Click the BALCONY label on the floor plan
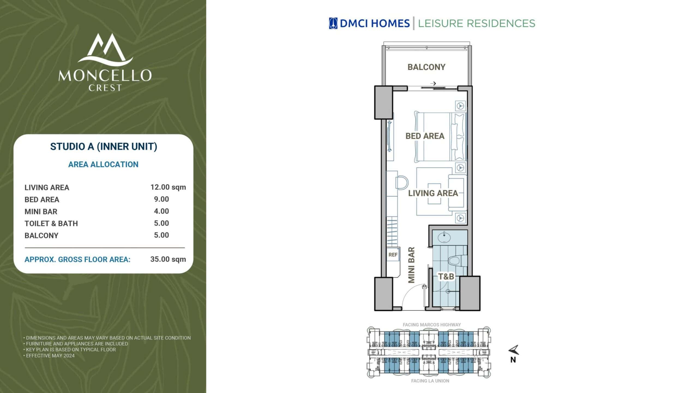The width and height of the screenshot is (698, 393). click(x=426, y=67)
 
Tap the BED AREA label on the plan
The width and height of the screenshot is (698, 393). click(x=425, y=136)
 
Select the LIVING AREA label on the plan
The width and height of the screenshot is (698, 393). click(x=433, y=193)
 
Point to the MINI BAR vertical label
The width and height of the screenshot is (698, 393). click(x=411, y=265)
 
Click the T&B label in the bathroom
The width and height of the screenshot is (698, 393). click(x=446, y=276)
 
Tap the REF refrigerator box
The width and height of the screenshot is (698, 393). click(x=393, y=255)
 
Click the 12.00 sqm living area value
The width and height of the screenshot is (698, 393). click(x=168, y=187)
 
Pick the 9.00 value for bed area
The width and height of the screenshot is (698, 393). click(x=161, y=199)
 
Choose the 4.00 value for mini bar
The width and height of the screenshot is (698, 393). click(x=161, y=211)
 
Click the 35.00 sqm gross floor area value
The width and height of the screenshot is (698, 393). click(x=168, y=259)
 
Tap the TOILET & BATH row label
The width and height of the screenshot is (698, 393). click(x=51, y=224)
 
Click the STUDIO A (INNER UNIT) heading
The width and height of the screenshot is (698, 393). click(x=104, y=147)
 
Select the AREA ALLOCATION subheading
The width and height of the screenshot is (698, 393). click(x=103, y=164)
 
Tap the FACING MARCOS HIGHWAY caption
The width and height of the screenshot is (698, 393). click(x=432, y=325)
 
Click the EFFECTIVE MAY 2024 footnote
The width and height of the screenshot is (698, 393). click(x=49, y=356)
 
